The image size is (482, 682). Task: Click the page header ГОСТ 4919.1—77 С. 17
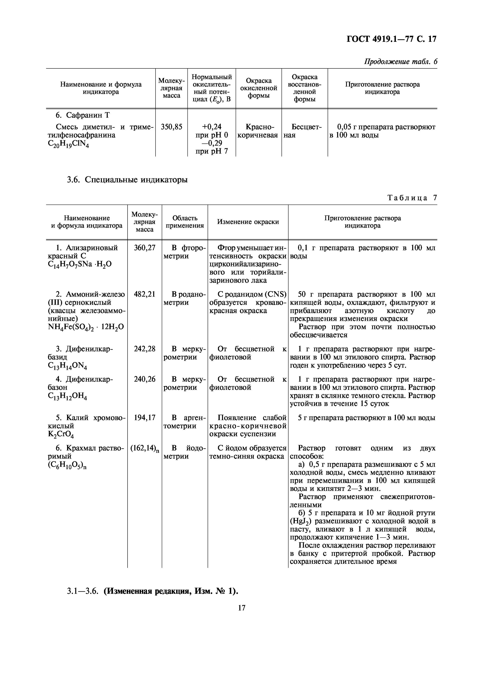coord(392,39)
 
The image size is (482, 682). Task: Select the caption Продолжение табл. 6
coord(401,62)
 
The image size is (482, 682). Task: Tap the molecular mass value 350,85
coord(171,127)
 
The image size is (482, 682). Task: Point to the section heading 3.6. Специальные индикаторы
coord(127,180)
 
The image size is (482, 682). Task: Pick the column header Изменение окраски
coord(248,222)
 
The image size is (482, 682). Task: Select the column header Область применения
coord(185,222)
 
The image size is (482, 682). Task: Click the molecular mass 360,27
coord(145,248)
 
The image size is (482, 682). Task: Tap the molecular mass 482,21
coord(145,294)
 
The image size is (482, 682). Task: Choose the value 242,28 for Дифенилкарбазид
coord(145,349)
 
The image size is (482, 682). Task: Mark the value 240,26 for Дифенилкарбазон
coord(145,379)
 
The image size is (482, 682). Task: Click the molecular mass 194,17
coord(145,418)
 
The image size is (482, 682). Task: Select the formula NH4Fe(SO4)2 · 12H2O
coord(86,327)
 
